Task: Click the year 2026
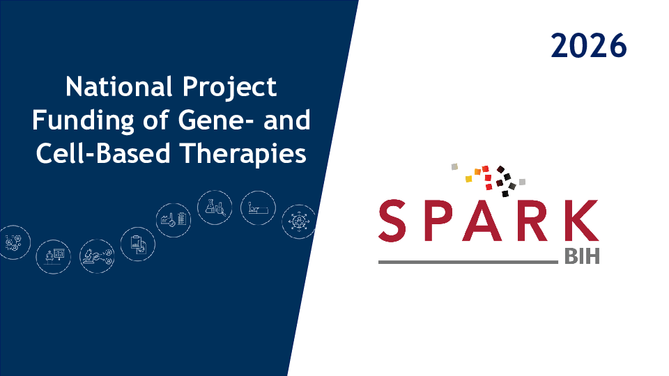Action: coord(588,46)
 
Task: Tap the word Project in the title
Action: coord(230,88)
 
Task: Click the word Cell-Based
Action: coord(103,153)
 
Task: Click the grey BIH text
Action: coord(582,257)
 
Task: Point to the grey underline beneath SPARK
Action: coord(468,262)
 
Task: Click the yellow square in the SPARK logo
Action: coord(468,179)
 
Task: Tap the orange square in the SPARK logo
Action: coord(477,172)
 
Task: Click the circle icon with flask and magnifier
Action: coord(215,207)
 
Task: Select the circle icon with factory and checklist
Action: coord(174,221)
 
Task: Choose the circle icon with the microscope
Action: coord(97,256)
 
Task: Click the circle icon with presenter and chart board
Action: coord(54,257)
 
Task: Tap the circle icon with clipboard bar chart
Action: coord(137,244)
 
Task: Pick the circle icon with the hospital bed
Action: coord(258,208)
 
